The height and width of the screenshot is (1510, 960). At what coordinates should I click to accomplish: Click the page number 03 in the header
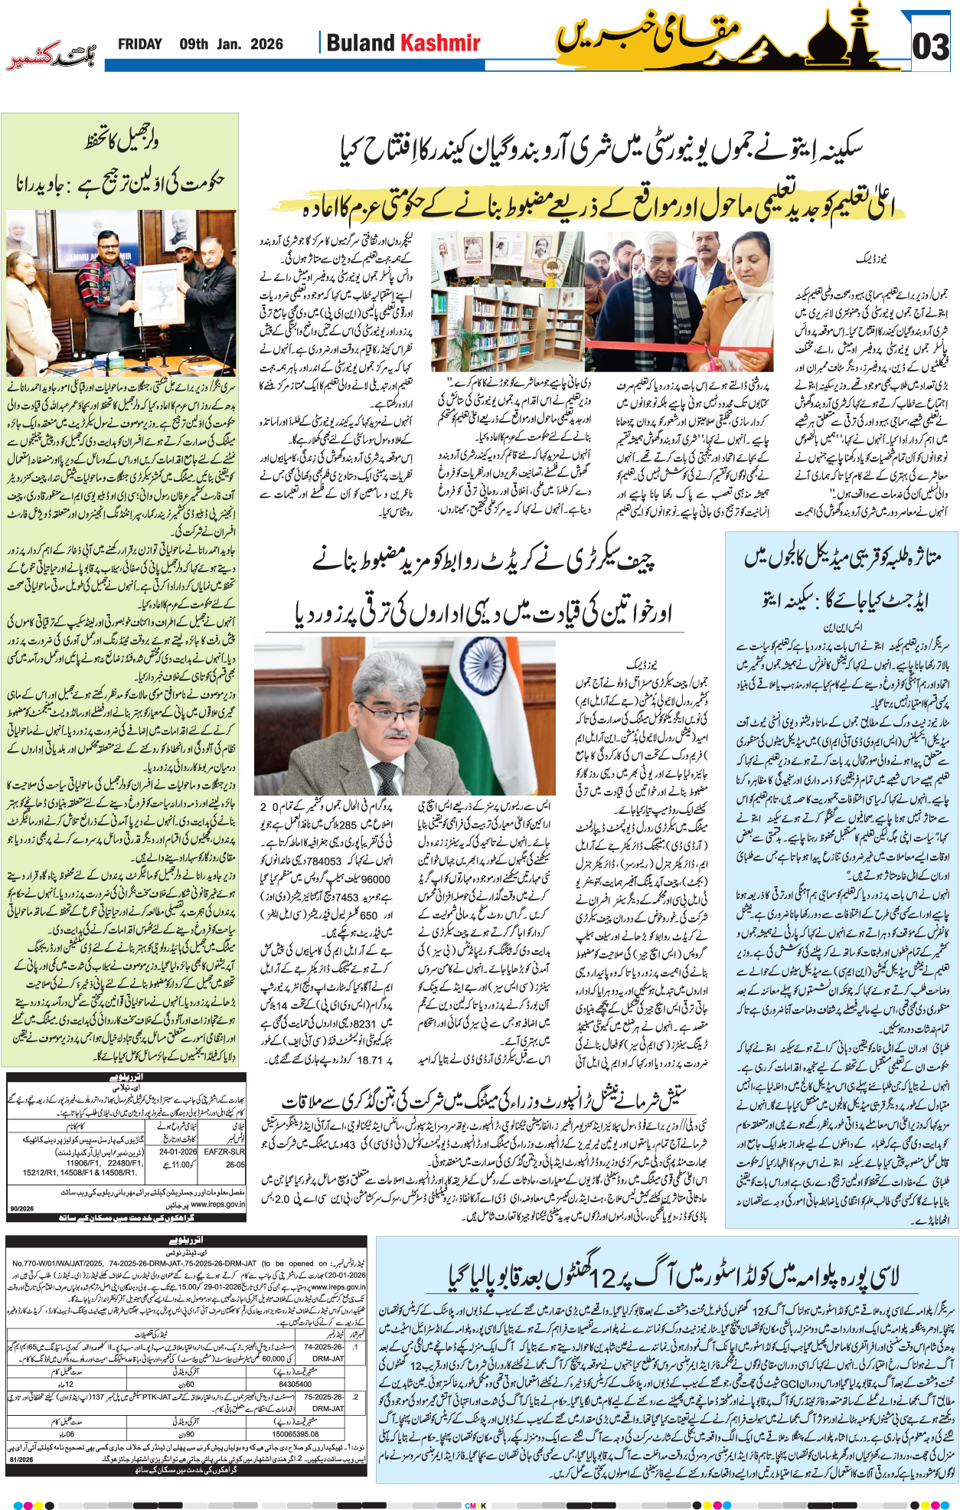931,47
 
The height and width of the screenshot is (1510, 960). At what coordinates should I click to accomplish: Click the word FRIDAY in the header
139,44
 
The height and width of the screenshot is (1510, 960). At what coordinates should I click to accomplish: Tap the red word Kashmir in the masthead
442,43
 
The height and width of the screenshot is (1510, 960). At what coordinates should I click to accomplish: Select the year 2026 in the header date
266,44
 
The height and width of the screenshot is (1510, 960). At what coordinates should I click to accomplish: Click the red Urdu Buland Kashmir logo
51,57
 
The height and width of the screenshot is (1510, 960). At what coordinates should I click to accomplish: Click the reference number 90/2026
21,1208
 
